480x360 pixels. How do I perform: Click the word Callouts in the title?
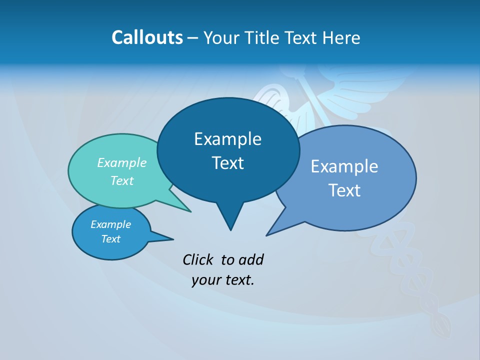point(147,37)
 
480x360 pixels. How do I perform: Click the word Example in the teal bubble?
point(122,162)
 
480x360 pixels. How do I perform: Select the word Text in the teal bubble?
point(122,180)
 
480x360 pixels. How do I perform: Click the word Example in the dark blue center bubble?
point(227,139)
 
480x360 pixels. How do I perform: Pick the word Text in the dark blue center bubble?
point(227,163)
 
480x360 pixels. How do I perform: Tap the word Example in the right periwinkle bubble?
point(344,166)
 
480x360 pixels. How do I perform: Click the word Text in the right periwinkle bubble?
point(344,190)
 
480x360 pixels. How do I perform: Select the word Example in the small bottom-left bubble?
point(110,224)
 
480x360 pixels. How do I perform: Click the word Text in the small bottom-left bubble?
point(110,239)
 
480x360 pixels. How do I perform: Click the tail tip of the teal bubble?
point(190,211)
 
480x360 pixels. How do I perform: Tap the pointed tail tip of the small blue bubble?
point(173,239)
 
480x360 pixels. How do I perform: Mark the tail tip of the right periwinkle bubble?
point(266,235)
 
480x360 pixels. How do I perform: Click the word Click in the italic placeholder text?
point(198,259)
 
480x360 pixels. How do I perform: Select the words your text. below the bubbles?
point(223,280)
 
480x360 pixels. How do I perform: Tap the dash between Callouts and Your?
point(193,37)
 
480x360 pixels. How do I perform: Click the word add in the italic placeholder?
point(251,259)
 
